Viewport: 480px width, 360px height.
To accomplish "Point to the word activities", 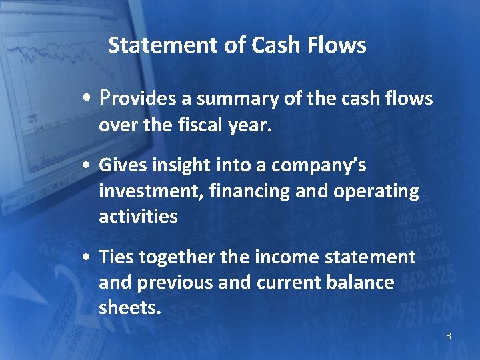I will [x=138, y=217].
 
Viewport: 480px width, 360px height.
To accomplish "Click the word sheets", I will [x=129, y=308].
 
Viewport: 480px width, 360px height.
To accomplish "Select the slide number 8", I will [x=448, y=336].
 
